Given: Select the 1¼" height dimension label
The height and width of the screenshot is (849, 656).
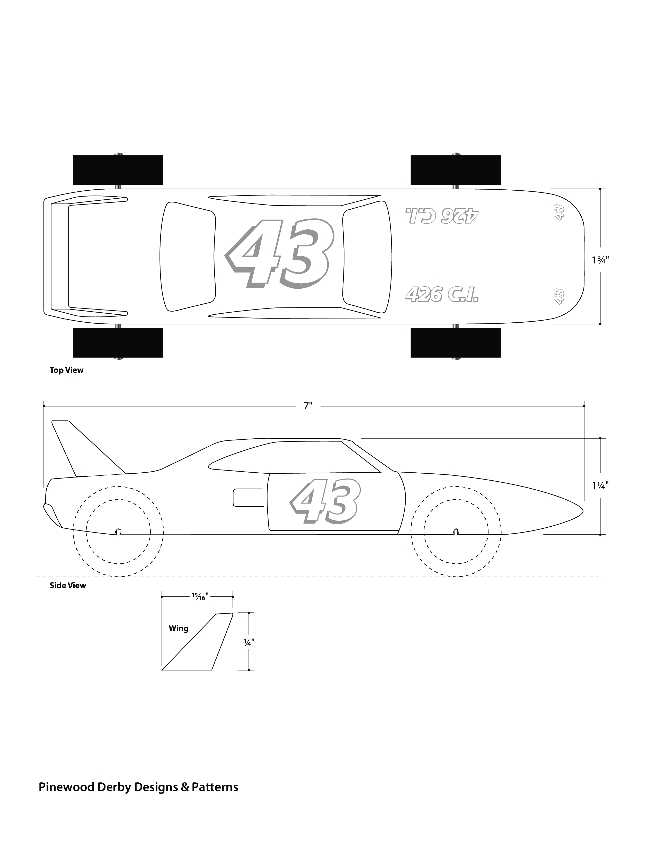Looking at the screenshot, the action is (600, 485).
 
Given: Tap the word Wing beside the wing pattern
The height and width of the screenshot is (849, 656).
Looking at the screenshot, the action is (178, 628).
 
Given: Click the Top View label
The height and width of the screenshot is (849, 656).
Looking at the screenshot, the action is (66, 370).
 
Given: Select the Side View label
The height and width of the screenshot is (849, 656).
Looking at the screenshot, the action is (68, 586).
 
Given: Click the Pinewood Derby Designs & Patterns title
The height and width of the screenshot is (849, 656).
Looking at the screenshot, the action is (138, 788).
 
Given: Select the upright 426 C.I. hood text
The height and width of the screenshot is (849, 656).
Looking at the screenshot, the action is (441, 294).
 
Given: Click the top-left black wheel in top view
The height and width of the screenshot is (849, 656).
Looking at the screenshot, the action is (118, 170).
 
